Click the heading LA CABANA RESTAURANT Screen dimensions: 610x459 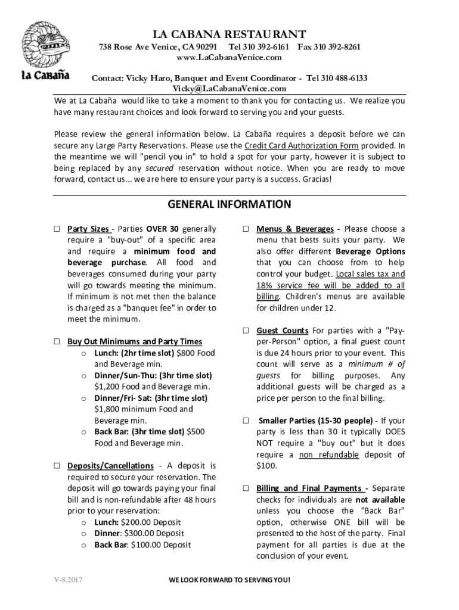tap(229, 34)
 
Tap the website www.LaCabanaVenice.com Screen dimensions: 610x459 tap(229, 58)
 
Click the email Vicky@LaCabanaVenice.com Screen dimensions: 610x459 tap(229, 88)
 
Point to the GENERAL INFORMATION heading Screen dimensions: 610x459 tap(229, 205)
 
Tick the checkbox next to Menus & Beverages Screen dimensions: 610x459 tap(246, 229)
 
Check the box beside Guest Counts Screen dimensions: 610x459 tap(246, 331)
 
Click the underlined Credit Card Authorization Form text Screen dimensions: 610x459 tap(300, 146)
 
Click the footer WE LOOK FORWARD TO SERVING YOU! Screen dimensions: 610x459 tap(229, 580)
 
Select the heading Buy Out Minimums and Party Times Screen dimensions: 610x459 tap(134, 342)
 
